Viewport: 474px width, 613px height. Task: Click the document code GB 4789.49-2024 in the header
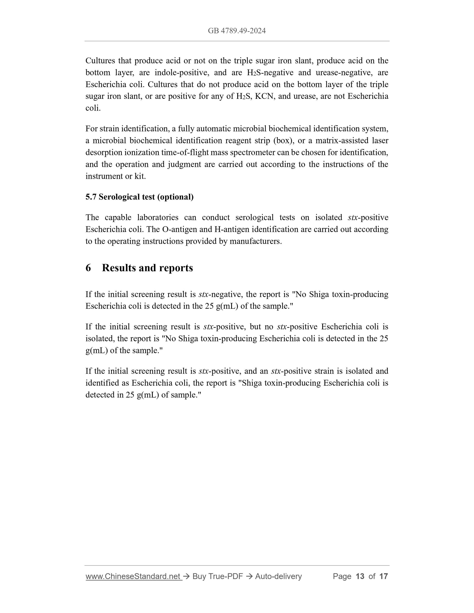(237, 31)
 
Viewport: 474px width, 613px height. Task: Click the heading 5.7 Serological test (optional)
(140, 197)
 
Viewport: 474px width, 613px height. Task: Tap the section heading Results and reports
(147, 268)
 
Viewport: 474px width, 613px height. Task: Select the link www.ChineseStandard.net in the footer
(133, 576)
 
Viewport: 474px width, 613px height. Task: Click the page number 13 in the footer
(360, 576)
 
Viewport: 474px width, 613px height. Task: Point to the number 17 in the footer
(383, 576)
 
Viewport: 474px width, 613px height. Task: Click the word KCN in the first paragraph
(262, 96)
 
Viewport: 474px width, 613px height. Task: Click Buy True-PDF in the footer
(218, 576)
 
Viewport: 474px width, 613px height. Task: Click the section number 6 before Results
(88, 268)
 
